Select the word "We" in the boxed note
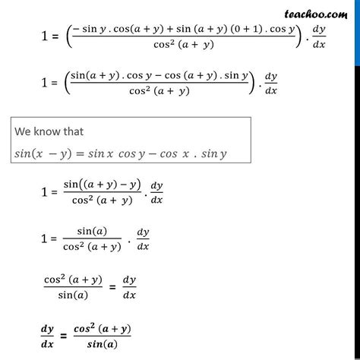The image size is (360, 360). tap(24, 129)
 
